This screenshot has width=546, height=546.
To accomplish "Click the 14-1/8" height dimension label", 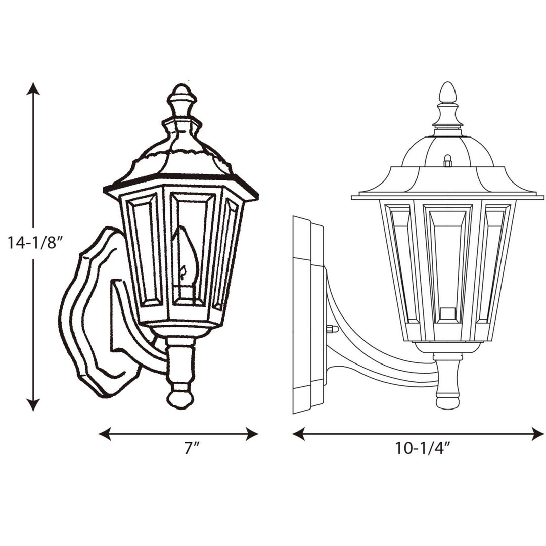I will point(34,243).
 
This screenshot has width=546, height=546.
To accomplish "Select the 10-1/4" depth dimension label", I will point(423,448).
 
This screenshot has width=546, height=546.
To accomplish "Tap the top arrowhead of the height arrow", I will point(33,88).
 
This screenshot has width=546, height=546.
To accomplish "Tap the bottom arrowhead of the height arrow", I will point(33,404).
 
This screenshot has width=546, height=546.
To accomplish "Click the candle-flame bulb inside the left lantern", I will point(185,258).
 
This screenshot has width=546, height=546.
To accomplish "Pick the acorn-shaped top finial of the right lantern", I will point(447,94).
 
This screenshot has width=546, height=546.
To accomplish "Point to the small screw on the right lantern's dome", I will point(447,161).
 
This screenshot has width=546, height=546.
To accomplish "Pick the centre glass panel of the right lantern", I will point(447,268).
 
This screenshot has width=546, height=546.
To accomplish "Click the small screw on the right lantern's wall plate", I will point(332,329).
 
